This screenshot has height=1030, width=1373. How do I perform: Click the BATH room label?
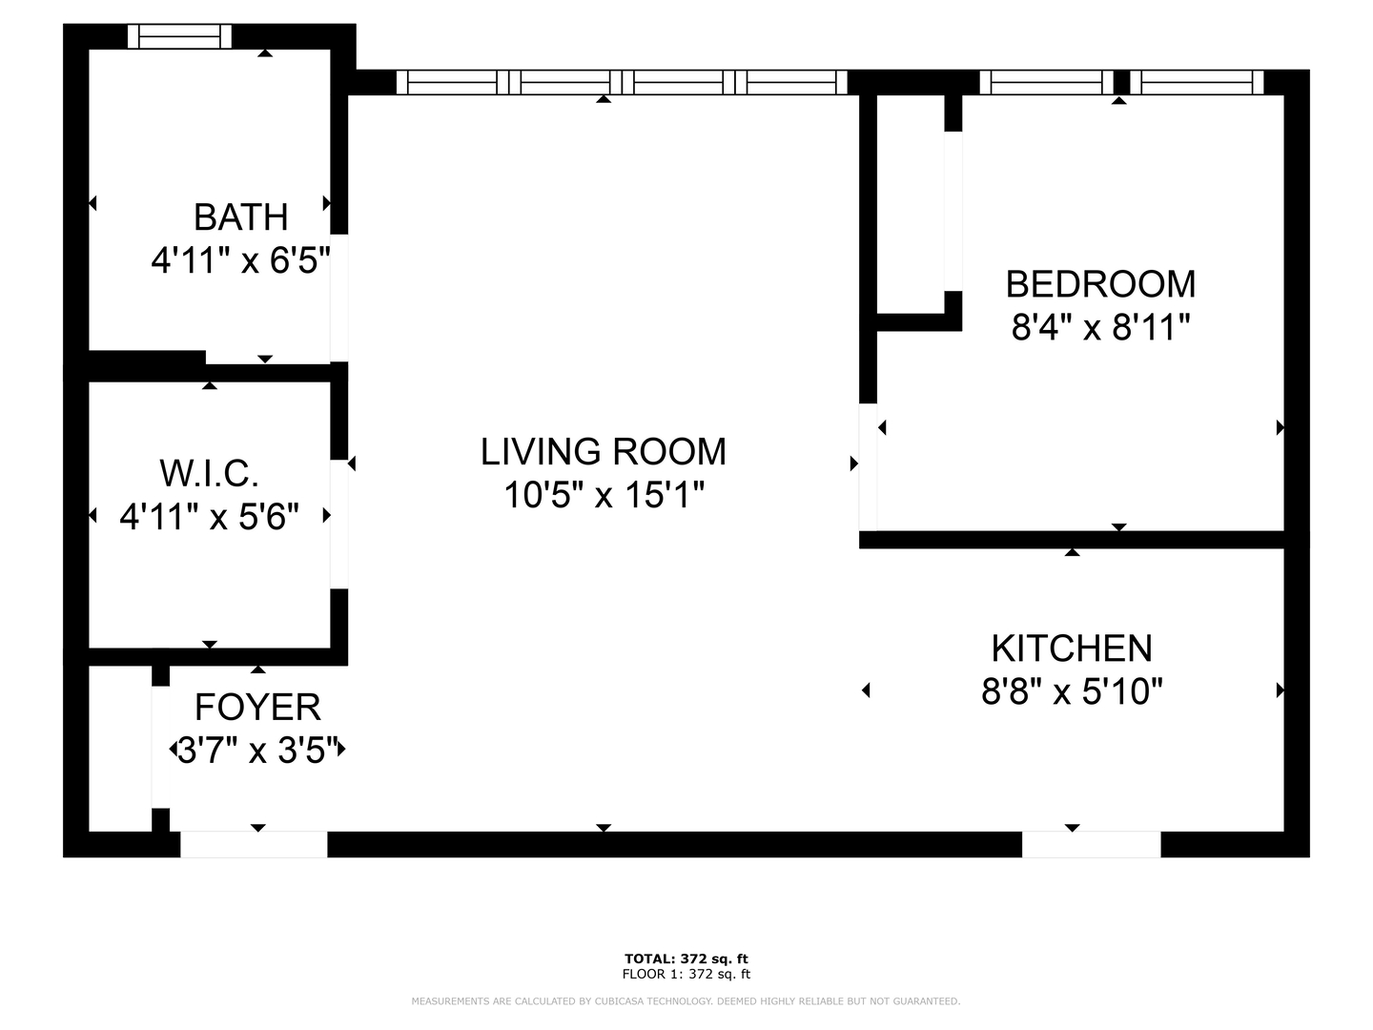[240, 217]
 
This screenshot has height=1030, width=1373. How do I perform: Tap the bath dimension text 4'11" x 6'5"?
[240, 260]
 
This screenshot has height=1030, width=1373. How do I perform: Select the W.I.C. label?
[209, 473]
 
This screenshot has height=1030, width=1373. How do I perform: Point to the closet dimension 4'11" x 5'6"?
[209, 517]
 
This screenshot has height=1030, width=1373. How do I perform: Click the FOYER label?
[257, 708]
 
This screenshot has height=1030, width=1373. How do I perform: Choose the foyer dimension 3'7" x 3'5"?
[257, 752]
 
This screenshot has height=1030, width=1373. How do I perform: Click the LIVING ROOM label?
[603, 452]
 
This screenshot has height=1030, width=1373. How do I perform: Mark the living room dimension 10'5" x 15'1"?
[603, 496]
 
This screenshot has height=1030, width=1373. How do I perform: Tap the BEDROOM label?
[1100, 284]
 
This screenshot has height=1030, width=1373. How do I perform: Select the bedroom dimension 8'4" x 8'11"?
[1100, 328]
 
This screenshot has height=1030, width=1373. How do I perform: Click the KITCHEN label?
[1072, 649]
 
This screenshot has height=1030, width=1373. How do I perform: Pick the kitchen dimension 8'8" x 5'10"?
[1072, 691]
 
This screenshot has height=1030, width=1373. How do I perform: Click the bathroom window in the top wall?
[180, 36]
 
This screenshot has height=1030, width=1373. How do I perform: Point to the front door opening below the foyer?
[254, 844]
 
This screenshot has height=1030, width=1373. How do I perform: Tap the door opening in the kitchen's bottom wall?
[1091, 844]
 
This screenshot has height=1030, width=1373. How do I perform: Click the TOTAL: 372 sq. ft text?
[686, 958]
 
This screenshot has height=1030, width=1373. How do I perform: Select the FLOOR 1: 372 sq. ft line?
[686, 974]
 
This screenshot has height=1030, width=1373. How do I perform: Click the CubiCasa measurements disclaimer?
[686, 1001]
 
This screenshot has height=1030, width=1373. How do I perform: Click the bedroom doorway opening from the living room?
[868, 467]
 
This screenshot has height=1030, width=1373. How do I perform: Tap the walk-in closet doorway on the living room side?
[339, 524]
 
